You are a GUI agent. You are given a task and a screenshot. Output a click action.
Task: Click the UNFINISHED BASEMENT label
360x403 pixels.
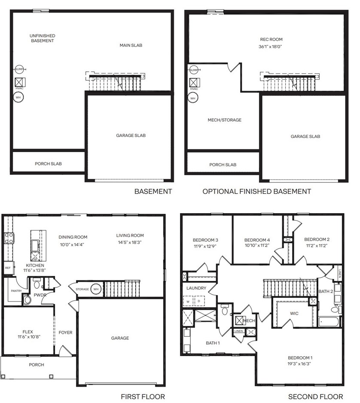[x=43, y=38]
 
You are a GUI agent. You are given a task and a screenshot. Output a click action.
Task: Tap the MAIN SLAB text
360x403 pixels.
[x=131, y=45]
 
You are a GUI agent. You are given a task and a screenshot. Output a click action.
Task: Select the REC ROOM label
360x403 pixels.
[x=270, y=40]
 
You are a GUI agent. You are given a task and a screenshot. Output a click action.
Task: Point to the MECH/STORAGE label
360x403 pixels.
[x=224, y=120]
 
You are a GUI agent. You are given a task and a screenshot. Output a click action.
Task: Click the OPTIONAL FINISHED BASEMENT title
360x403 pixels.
[x=256, y=191]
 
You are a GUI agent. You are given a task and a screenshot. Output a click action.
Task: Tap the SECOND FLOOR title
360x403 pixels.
[x=315, y=397]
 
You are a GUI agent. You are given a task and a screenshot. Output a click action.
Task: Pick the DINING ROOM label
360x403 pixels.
[x=73, y=237]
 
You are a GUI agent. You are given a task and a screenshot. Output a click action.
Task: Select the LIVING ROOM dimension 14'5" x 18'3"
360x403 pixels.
[x=130, y=242]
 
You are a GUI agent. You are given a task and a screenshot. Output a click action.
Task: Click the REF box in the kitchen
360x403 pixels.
[x=8, y=267]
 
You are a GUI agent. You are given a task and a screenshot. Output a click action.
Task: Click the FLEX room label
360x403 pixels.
[x=28, y=332]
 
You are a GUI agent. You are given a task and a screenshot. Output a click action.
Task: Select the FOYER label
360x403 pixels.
[x=66, y=333]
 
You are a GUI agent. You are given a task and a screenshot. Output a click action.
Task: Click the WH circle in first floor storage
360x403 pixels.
[x=96, y=289]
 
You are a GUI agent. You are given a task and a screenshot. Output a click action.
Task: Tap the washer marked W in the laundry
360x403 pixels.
[x=188, y=302]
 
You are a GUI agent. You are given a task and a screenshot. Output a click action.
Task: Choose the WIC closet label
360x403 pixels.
[x=294, y=313]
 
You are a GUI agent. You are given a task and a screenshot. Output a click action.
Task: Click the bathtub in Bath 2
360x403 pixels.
[x=329, y=321]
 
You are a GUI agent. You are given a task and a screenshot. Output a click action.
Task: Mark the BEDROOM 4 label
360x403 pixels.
[x=257, y=240]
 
